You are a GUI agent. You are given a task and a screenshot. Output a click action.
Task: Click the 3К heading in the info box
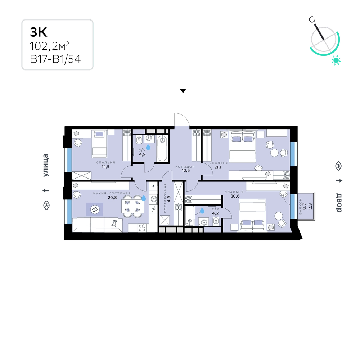point(39,32)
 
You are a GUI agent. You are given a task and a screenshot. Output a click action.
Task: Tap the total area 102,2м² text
point(49,46)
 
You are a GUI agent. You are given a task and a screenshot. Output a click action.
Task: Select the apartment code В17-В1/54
point(55,59)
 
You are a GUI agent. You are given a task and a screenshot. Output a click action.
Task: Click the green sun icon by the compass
point(336,60)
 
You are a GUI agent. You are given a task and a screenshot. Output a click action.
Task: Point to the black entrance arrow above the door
point(183,91)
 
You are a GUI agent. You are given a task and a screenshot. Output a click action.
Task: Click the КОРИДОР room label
point(185,167)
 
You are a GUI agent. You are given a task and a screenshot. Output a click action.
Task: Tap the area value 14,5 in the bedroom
point(105,167)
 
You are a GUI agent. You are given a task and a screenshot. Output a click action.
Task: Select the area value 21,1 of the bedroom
point(218,167)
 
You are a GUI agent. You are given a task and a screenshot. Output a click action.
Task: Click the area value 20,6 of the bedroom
point(235,196)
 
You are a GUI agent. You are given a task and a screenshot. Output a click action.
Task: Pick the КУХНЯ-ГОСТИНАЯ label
point(112,193)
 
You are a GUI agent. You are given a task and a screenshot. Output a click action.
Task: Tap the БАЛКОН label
point(300,206)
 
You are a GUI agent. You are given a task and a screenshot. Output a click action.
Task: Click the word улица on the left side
point(46,165)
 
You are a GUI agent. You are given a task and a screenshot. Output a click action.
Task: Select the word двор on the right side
point(339,203)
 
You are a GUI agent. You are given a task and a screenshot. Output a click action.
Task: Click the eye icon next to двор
point(338,166)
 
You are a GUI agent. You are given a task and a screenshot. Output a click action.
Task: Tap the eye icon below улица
point(46,205)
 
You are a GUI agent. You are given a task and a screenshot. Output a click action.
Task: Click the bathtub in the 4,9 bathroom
point(162,148)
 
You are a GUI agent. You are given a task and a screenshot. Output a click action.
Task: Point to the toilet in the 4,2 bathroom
point(216,221)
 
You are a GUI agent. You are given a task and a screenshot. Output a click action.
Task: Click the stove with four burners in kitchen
point(142,228)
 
